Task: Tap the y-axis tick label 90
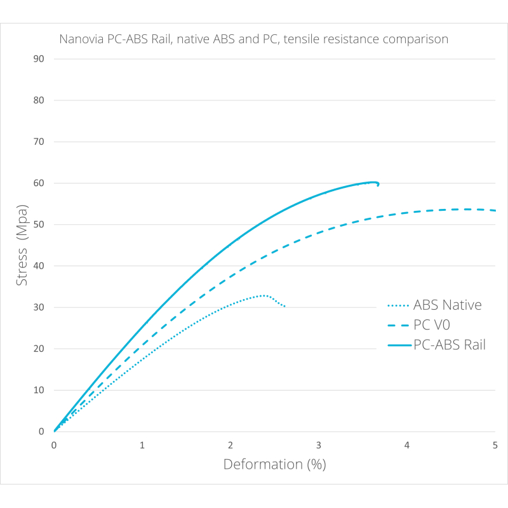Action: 39,59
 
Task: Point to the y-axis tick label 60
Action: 39,184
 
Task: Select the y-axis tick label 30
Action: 39,307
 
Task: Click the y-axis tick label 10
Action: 39,391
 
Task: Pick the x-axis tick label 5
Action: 495,446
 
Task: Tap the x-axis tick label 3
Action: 319,446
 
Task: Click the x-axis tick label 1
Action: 142,446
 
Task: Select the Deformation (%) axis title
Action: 274,465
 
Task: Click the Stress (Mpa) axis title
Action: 23,244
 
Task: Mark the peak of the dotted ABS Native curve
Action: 263,295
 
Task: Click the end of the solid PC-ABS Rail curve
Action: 378,185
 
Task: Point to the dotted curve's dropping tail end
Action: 284,307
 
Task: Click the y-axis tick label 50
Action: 39,225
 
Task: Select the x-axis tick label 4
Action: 407,446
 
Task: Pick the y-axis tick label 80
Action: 39,100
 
